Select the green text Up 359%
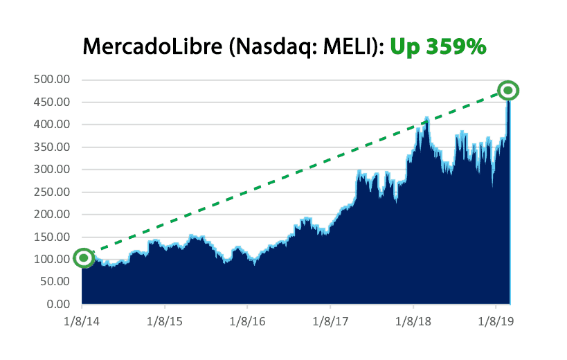tap(438, 46)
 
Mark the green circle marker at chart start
tap(84, 258)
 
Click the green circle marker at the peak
tap(508, 90)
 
